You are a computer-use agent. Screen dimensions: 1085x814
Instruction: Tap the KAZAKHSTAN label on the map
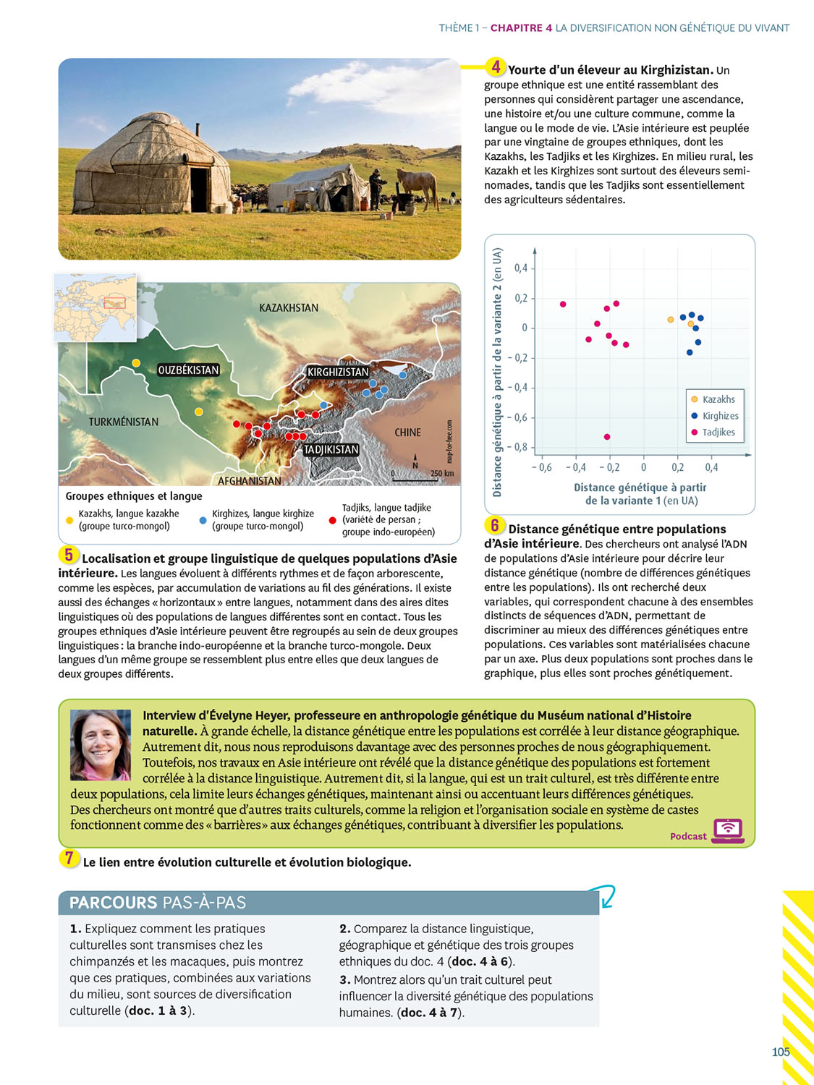[289, 307]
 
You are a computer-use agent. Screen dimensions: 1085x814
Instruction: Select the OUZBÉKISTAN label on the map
[188, 370]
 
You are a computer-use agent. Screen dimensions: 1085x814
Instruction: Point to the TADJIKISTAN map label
[331, 449]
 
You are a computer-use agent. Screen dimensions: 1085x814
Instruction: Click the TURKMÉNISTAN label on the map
[124, 422]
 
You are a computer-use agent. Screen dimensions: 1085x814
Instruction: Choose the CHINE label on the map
[407, 433]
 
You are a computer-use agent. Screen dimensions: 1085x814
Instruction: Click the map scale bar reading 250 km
[423, 477]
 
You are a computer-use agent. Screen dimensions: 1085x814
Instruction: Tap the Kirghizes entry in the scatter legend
[720, 416]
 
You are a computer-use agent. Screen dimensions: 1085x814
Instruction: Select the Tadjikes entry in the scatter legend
[718, 433]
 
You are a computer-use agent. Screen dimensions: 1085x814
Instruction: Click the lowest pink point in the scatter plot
[607, 437]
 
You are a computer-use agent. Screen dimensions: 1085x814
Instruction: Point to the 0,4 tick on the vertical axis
[521, 268]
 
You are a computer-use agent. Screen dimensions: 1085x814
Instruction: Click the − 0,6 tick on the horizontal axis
[541, 468]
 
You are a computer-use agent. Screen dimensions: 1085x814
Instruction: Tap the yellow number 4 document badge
[496, 67]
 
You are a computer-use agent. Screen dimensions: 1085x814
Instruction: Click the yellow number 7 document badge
[69, 859]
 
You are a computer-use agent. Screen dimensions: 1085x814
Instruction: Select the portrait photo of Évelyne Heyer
[101, 745]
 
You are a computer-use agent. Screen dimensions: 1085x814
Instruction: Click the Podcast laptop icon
[728, 830]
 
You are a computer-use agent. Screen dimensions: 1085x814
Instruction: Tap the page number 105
[781, 1052]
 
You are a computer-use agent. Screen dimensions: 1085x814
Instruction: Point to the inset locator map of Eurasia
[96, 307]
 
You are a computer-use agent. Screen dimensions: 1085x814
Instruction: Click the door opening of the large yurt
[198, 189]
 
